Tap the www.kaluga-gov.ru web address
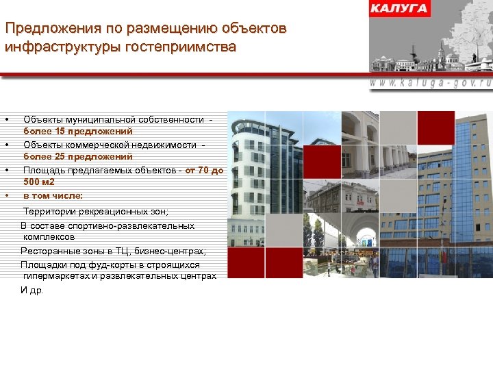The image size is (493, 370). coord(431,81)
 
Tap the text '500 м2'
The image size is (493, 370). coord(40,182)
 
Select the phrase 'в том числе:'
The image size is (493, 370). coord(53,195)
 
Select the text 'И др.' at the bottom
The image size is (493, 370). coord(32,291)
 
